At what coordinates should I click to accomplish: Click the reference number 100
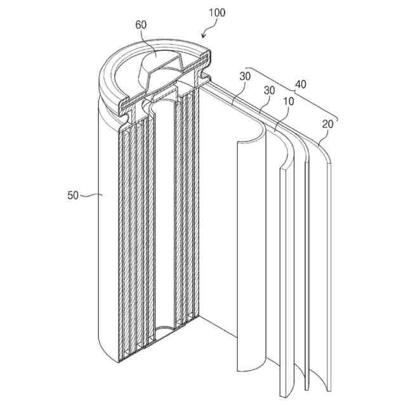(213, 12)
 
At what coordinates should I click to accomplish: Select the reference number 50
(72, 196)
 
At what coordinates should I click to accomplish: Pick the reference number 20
(327, 125)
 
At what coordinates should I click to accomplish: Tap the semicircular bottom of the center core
(168, 331)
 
